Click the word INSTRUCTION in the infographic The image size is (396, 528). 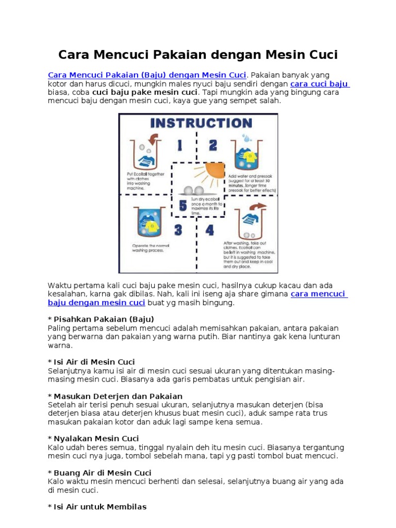(x=201, y=123)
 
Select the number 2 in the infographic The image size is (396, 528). (x=212, y=145)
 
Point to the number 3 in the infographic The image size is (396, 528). (x=178, y=229)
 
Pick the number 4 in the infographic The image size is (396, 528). (x=210, y=230)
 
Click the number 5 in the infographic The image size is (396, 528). (x=183, y=206)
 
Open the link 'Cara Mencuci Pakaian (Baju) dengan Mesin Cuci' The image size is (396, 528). (x=147, y=75)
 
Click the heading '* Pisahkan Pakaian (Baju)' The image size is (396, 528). (x=101, y=319)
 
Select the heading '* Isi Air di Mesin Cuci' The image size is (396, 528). (x=91, y=362)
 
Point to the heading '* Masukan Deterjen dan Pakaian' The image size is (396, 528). (x=115, y=396)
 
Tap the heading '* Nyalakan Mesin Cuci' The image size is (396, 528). (x=93, y=438)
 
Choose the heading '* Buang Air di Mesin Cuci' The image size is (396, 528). (x=100, y=473)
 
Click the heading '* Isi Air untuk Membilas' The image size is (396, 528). (x=97, y=507)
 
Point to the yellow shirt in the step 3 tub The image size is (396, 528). (x=152, y=226)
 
